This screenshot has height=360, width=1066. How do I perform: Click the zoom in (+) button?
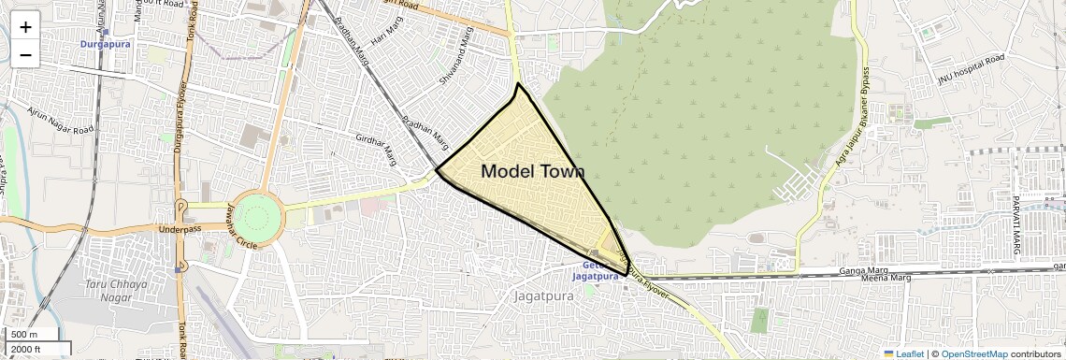(x=25, y=27)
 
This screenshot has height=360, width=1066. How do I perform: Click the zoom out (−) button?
(x=25, y=55)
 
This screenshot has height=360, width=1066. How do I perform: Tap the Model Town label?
(x=532, y=171)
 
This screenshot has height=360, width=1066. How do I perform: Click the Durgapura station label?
(x=105, y=44)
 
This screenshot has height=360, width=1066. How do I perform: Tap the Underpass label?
(x=180, y=229)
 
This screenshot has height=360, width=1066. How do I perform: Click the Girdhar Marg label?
(x=376, y=149)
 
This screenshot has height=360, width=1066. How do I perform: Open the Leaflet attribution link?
(x=903, y=353)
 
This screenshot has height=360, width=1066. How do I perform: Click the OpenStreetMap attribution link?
(x=973, y=353)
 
